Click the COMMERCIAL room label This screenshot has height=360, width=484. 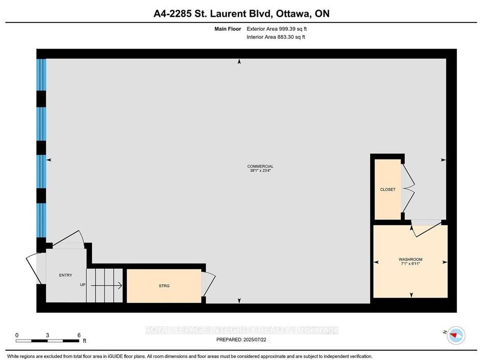click(260, 166)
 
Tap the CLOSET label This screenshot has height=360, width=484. click(388, 190)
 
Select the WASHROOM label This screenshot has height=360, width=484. click(410, 260)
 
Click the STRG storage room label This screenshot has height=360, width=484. click(164, 286)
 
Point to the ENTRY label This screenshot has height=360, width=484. click(65, 275)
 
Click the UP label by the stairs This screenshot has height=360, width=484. click(83, 285)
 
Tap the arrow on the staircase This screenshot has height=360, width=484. click(106, 285)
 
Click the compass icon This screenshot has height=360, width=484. click(456, 335)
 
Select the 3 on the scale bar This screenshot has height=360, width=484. click(48, 335)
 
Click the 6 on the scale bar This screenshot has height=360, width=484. click(79, 335)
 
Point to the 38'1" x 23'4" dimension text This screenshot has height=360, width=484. click(260, 170)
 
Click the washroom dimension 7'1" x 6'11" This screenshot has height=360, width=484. click(410, 264)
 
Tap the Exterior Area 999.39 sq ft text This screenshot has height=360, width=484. click(276, 29)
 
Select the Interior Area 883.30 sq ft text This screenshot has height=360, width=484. click(276, 37)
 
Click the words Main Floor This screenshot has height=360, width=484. click(228, 29)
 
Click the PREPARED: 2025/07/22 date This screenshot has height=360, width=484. click(241, 340)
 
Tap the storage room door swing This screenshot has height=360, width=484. click(209, 284)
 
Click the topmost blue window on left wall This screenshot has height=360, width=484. click(41, 75)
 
